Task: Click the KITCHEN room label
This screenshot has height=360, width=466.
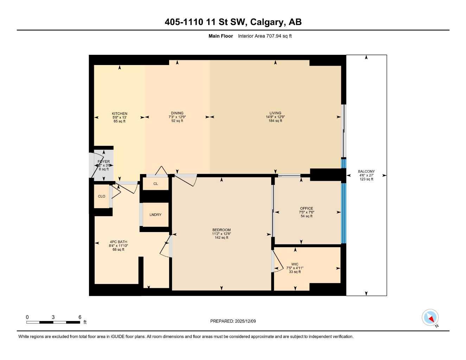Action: [120, 114]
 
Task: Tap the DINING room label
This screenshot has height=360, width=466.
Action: [177, 113]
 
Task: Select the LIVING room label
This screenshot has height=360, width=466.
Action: [275, 113]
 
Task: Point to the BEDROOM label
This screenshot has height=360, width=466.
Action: [221, 230]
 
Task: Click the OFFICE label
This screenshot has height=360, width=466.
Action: [306, 208]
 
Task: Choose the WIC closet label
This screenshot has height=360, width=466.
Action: [295, 264]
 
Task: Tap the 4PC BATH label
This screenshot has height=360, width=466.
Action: [119, 242]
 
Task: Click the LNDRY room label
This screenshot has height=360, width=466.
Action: [155, 215]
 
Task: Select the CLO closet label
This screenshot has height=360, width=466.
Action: [102, 197]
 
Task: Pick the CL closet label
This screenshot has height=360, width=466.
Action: [155, 184]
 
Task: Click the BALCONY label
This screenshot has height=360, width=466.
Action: [366, 172]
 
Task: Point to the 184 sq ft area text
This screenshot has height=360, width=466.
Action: [275, 121]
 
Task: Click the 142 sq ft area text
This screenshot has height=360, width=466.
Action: [222, 238]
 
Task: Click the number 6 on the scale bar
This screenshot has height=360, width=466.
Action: [80, 317]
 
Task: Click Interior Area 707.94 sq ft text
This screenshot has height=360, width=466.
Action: [265, 36]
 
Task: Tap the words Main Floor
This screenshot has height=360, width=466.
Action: [221, 36]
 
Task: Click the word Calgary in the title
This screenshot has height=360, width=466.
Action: [267, 22]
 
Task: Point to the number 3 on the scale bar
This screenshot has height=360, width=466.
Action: [53, 317]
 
